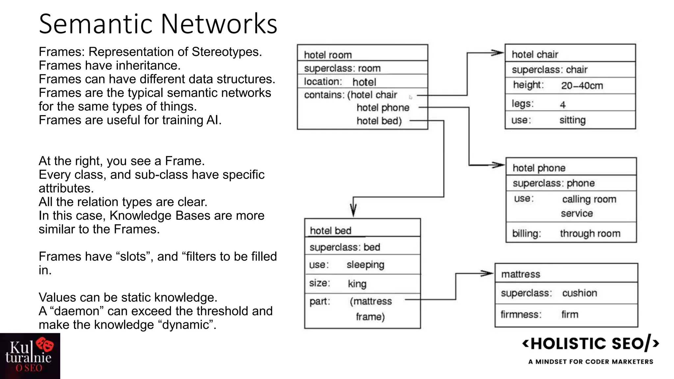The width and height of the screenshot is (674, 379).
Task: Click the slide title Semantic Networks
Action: [x=158, y=24]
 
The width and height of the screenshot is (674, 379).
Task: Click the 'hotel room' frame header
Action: [x=328, y=55]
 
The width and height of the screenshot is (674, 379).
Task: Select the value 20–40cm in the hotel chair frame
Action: [x=582, y=86]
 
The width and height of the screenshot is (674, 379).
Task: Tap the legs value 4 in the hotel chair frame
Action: [x=562, y=105]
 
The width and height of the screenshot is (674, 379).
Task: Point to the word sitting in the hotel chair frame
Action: [x=572, y=120]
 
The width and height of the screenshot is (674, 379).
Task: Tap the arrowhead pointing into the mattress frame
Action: [x=487, y=273]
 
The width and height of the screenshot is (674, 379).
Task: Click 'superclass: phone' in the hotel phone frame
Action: [x=554, y=183]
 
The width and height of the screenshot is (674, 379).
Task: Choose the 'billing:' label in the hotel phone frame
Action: [x=526, y=234]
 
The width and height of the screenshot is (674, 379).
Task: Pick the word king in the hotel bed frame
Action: [x=357, y=284]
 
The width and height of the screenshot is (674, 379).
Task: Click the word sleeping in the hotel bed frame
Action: [x=365, y=265]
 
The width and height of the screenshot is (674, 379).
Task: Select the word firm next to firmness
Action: [x=570, y=315]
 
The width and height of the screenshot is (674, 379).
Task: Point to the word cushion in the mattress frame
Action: [x=579, y=293]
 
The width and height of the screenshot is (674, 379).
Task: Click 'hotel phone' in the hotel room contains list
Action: [x=383, y=108]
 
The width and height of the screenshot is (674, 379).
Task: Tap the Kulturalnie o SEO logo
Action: [x=30, y=356]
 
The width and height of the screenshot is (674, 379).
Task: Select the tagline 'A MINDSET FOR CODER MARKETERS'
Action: [x=591, y=362]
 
